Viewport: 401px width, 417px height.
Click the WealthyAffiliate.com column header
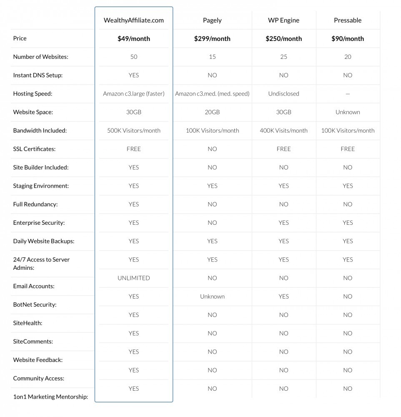point(133,20)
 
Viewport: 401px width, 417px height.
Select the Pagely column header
point(212,20)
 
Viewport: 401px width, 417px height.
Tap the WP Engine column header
point(283,20)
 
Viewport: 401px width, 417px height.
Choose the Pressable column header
point(348,20)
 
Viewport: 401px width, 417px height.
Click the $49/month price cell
point(133,39)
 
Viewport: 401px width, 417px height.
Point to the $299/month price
point(212,39)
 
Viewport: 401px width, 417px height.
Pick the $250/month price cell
point(283,39)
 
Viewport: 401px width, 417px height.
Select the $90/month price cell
point(348,39)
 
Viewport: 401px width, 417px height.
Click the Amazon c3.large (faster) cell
point(133,94)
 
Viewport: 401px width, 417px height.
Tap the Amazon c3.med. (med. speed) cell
point(212,94)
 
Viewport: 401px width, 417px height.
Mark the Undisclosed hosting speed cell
point(283,94)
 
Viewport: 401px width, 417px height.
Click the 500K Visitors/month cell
point(133,131)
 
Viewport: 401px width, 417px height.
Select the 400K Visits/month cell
point(283,131)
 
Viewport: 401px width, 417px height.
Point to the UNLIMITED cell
point(133,278)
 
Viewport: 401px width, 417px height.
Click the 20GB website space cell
point(212,112)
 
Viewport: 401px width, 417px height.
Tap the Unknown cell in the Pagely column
point(212,296)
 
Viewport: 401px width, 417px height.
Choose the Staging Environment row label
point(41,186)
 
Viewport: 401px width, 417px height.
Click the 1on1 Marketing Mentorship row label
point(50,397)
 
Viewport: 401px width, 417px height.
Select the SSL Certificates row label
point(34,149)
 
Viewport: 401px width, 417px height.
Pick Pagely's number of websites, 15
point(212,57)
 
